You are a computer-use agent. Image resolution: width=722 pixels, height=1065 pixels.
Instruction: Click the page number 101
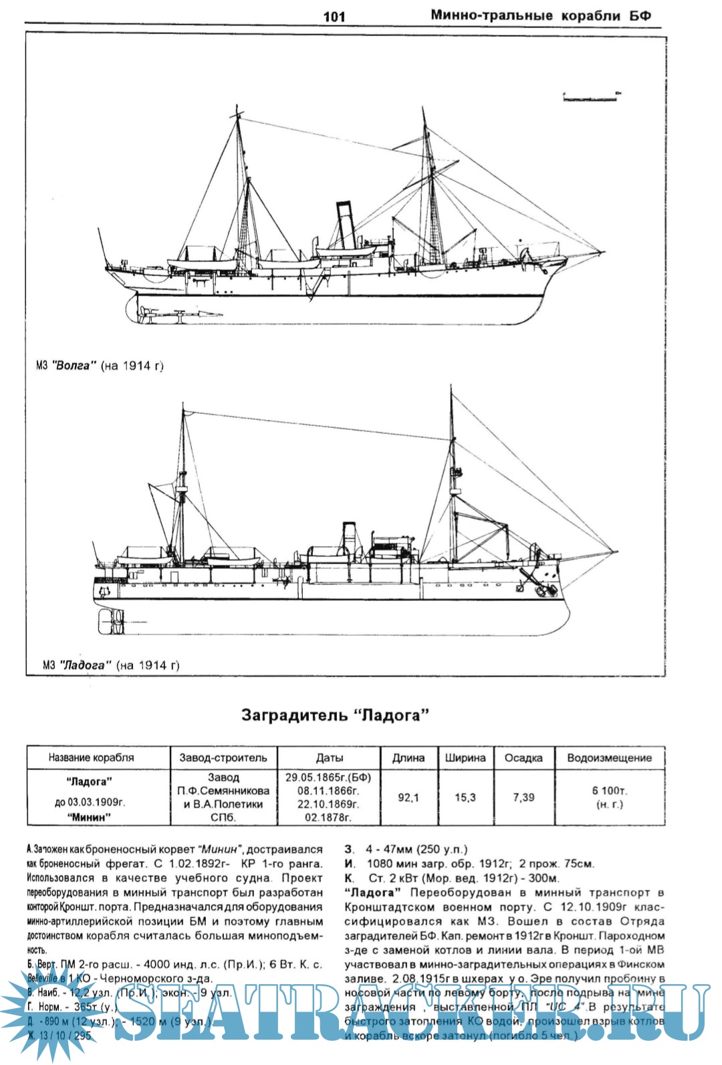point(334,17)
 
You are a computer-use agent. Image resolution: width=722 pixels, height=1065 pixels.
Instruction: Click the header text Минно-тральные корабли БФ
point(540,15)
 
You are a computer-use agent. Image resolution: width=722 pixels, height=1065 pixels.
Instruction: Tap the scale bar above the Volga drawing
point(590,98)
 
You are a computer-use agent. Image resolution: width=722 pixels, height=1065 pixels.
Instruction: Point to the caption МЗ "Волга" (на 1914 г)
point(100,366)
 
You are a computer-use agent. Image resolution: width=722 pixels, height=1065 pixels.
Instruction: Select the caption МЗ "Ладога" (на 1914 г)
point(111,665)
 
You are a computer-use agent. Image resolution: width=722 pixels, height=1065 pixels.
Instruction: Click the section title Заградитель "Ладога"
point(334,715)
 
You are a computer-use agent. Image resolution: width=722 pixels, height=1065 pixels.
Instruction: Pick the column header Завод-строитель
point(223,757)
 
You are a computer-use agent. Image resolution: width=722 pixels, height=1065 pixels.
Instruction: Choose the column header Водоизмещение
point(608,757)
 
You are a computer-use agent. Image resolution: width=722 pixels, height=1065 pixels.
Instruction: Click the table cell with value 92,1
point(408,797)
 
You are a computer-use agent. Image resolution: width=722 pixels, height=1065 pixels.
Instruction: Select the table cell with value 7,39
point(523,797)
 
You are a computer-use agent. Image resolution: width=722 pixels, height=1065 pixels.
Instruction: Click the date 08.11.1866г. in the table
point(328,790)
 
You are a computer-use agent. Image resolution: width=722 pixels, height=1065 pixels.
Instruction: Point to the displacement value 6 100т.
point(609,790)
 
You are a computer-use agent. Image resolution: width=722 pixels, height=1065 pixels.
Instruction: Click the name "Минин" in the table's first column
point(89,816)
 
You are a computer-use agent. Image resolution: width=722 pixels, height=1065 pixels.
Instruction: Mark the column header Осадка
point(523,757)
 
